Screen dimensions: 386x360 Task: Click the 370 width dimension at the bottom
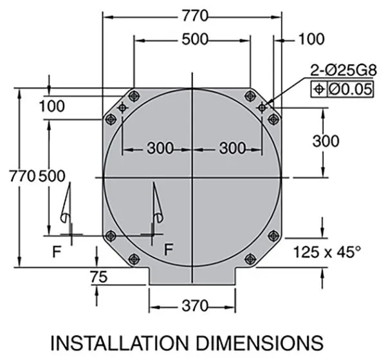[x=195, y=307]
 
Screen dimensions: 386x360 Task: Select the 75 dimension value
[x=98, y=277]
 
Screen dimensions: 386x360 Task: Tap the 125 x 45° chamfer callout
[x=327, y=252]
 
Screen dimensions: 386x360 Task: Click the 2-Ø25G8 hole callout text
[x=344, y=70]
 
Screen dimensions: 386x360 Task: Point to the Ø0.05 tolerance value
[x=350, y=90]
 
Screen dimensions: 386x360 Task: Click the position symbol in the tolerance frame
[x=319, y=89]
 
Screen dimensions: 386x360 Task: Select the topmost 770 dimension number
[x=195, y=15]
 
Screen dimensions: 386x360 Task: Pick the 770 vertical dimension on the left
[x=23, y=176]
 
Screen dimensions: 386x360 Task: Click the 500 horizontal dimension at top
[x=195, y=39]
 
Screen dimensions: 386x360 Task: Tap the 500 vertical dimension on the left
[x=52, y=176]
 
